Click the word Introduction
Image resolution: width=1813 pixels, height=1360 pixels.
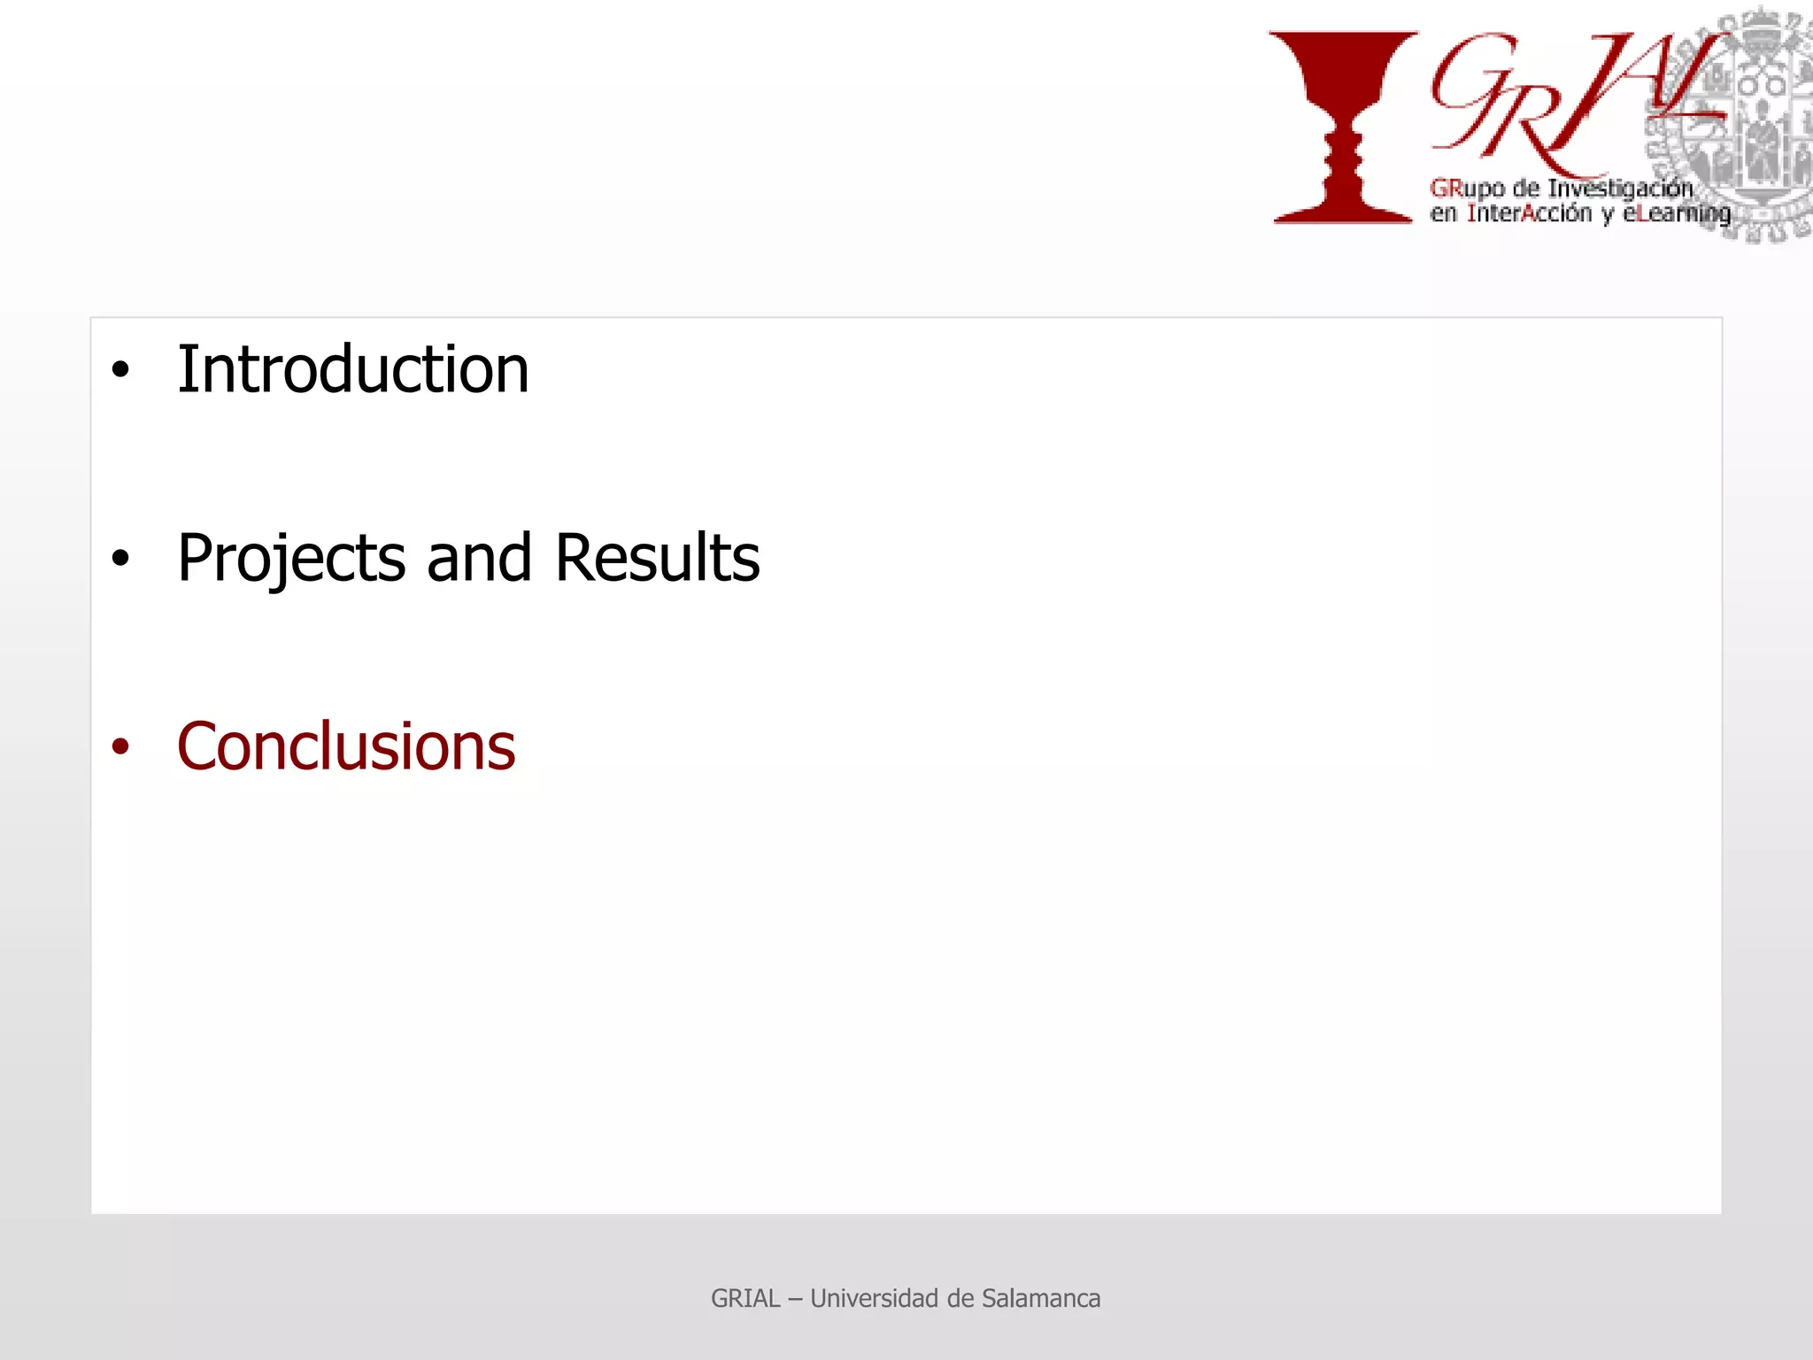(352, 369)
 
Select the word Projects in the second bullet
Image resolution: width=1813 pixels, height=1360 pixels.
(291, 559)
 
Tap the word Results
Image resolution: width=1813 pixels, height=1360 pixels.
(657, 558)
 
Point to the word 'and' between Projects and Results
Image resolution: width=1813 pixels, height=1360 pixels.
(479, 558)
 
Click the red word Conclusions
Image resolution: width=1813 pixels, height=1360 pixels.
(345, 746)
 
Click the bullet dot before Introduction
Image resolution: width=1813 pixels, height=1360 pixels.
(120, 370)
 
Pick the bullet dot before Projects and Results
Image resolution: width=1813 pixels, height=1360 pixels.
(120, 559)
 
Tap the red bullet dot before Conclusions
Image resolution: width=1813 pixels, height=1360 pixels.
(120, 747)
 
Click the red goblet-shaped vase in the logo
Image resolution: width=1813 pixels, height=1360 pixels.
(1343, 124)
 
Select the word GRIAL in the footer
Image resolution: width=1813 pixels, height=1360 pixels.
(745, 1298)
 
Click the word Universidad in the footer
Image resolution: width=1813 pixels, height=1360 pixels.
(874, 1298)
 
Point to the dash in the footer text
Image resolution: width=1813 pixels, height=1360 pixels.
(795, 1299)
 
